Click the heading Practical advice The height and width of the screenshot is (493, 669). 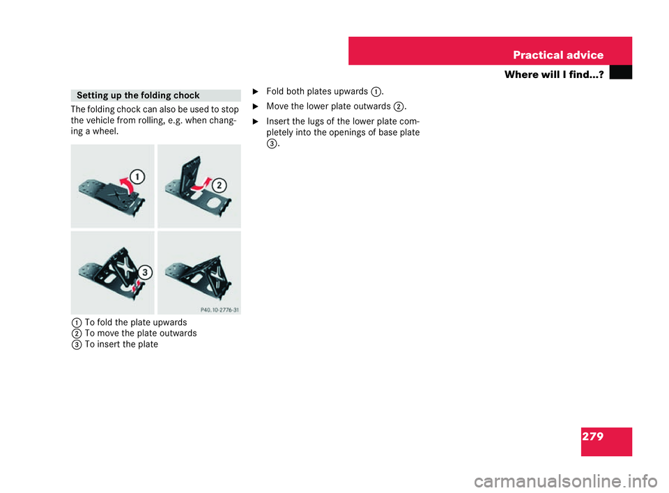pyautogui.click(x=558, y=55)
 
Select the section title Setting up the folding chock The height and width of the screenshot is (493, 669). pyautogui.click(x=138, y=95)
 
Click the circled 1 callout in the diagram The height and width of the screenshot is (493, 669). pyautogui.click(x=139, y=177)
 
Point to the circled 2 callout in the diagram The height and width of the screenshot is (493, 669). pyautogui.click(x=220, y=185)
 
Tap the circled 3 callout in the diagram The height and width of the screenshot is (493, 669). pyautogui.click(x=144, y=272)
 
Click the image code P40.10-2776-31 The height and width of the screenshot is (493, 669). pyautogui.click(x=220, y=310)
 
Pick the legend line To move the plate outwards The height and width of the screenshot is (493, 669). pyautogui.click(x=140, y=333)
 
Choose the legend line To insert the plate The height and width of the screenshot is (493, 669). pyautogui.click(x=121, y=344)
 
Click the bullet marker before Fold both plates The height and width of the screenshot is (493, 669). pyautogui.click(x=255, y=91)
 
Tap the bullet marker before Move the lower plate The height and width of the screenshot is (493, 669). pyautogui.click(x=255, y=106)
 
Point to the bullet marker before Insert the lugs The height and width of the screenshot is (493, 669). pyautogui.click(x=255, y=120)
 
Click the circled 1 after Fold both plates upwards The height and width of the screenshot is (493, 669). pyautogui.click(x=376, y=91)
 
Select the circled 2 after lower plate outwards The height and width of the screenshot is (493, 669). pyautogui.click(x=398, y=106)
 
